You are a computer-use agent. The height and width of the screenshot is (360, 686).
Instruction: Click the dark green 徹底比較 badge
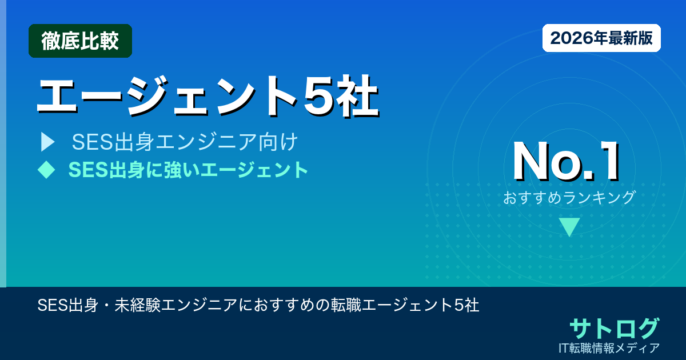point(80,41)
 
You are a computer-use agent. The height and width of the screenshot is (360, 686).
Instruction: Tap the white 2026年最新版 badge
point(601,38)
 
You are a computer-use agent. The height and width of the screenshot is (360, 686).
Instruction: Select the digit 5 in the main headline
point(320,96)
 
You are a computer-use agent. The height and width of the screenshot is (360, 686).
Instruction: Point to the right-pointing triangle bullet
point(47,142)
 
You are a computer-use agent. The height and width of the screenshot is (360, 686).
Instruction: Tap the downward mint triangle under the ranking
point(569,227)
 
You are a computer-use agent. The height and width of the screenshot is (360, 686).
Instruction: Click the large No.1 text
point(566,163)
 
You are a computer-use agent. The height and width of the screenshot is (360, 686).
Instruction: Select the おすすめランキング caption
point(569,198)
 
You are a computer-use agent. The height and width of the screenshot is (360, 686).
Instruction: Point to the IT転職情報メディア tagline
point(611,347)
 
